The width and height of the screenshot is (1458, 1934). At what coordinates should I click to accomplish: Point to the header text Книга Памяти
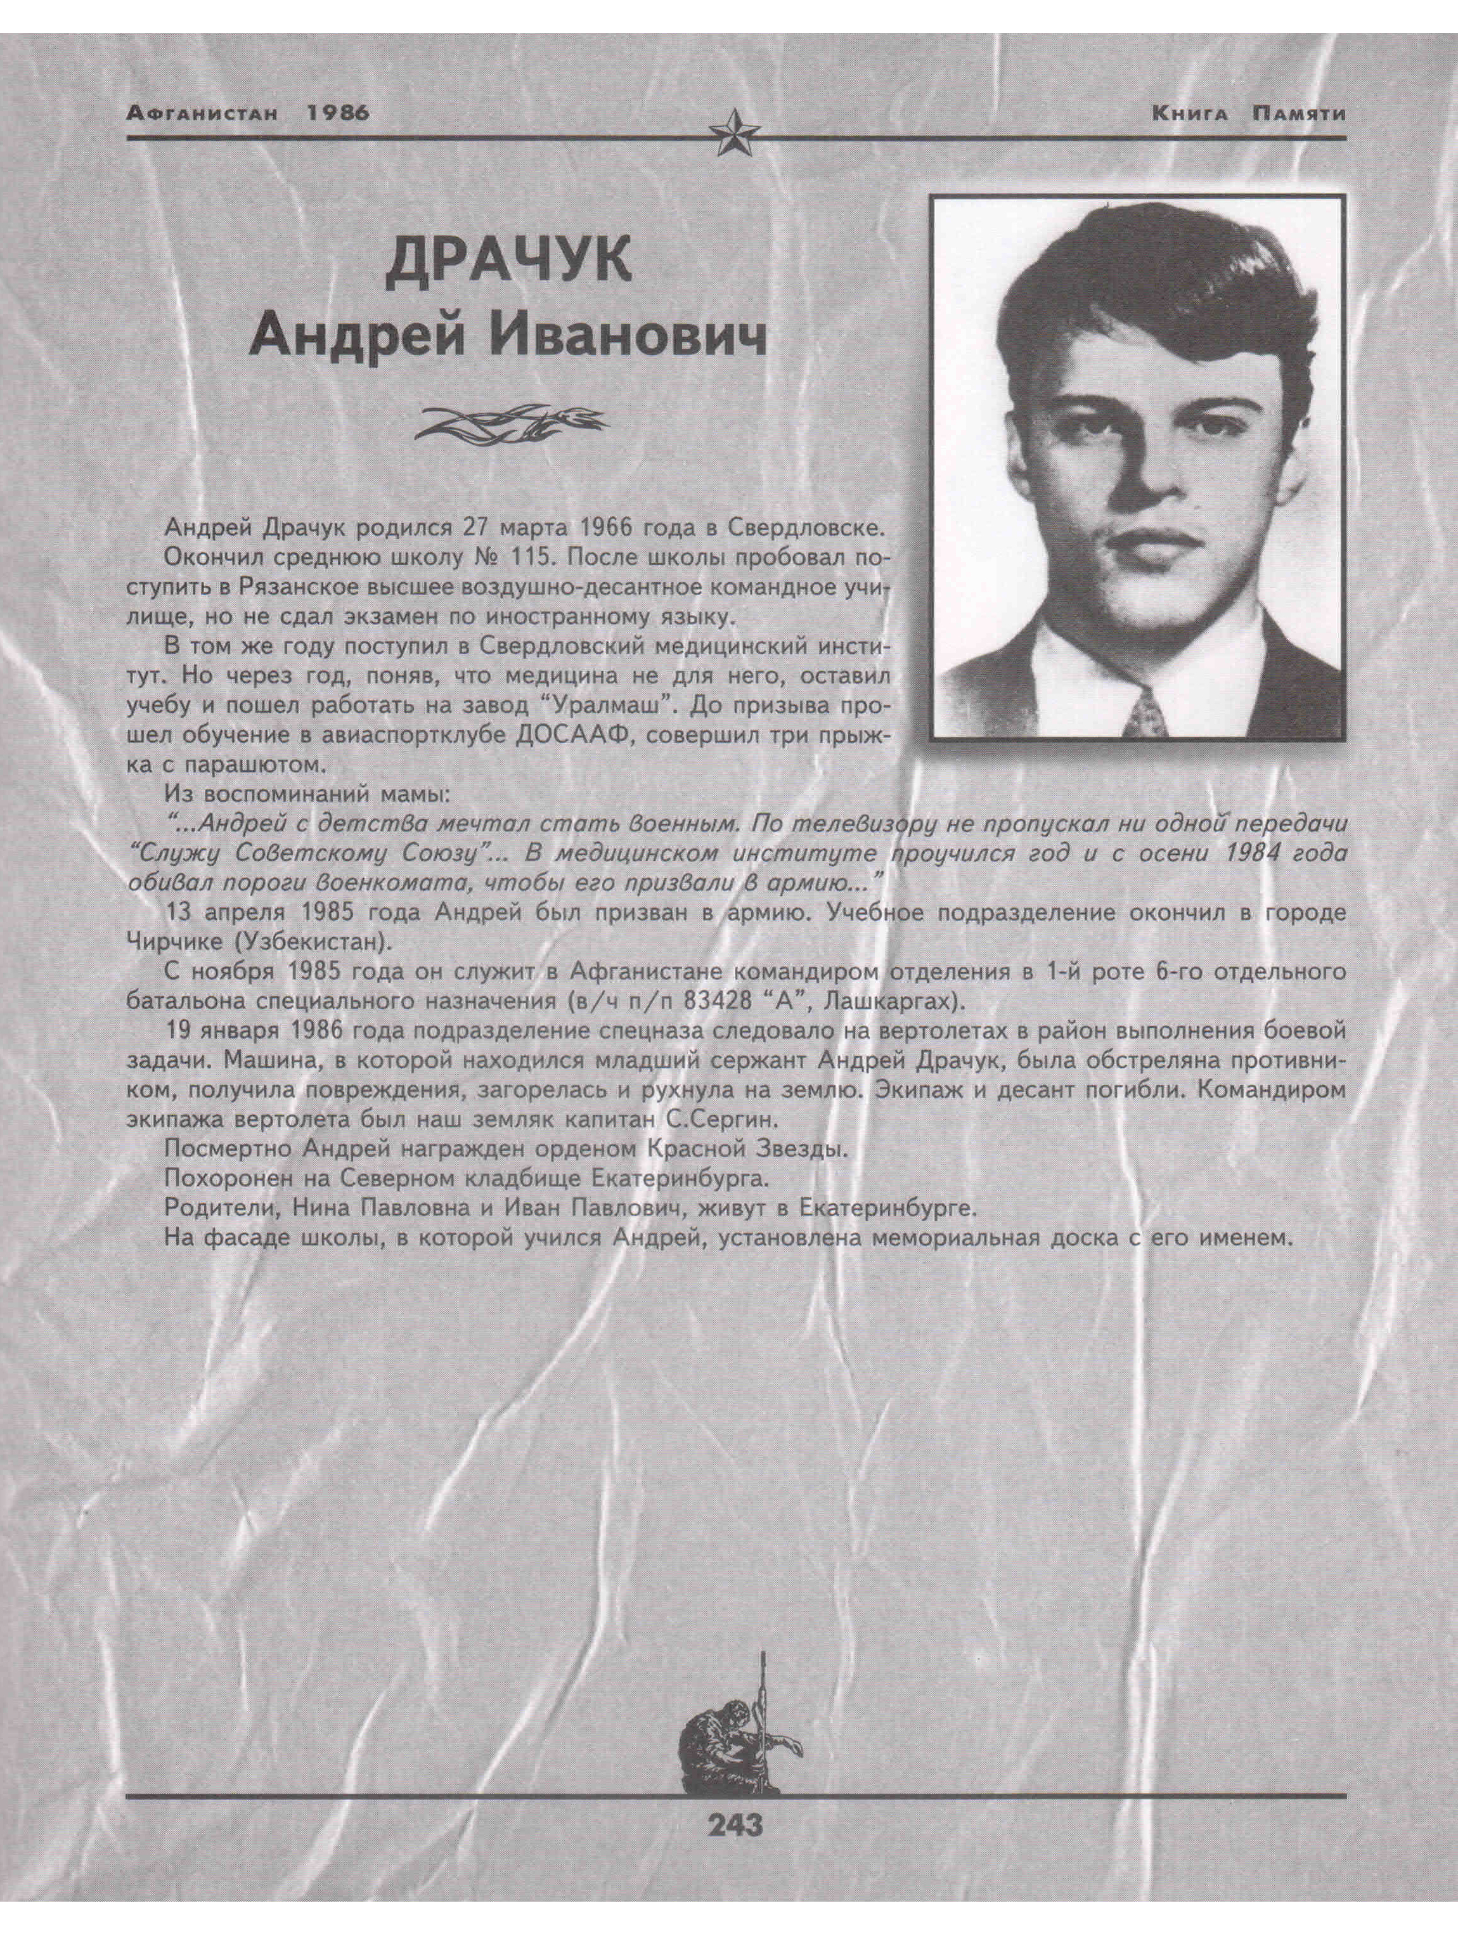1248,114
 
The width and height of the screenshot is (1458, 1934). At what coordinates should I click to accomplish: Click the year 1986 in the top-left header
339,114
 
